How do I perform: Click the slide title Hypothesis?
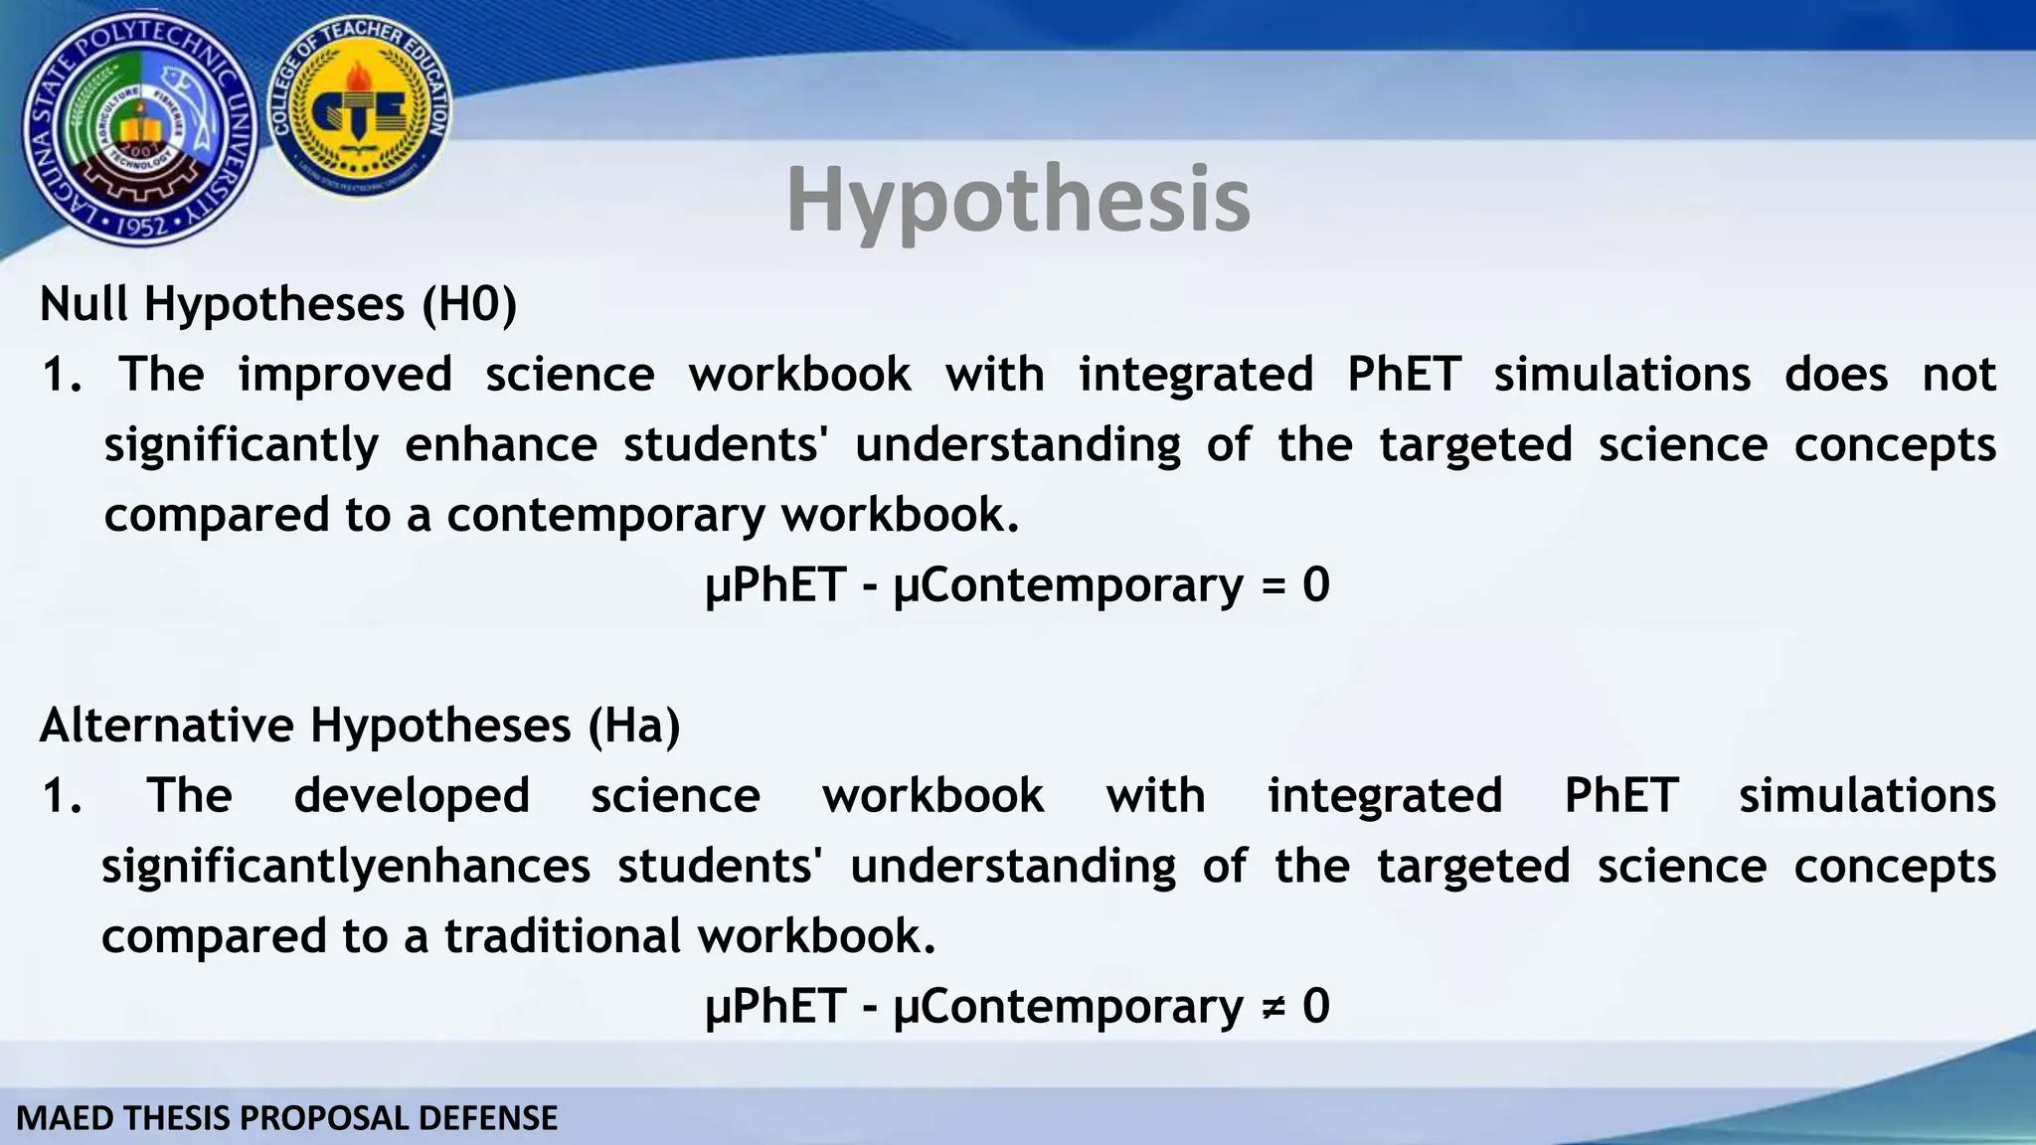(1018, 201)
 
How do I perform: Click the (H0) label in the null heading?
(469, 303)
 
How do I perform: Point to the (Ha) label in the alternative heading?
(634, 725)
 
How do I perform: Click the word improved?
(345, 375)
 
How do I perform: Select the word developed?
(412, 796)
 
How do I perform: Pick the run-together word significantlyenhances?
(346, 867)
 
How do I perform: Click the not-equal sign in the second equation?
(1272, 1007)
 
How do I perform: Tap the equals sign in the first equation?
(1272, 585)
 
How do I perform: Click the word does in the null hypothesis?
(1835, 375)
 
